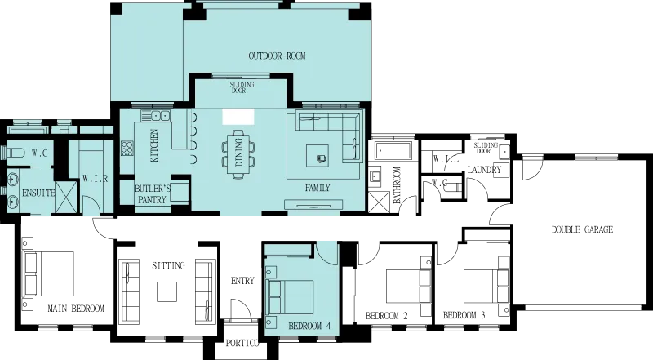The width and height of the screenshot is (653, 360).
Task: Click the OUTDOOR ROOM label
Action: point(277,56)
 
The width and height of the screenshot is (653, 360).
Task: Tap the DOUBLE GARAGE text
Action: point(582,229)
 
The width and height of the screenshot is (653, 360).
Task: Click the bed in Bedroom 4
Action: point(291,297)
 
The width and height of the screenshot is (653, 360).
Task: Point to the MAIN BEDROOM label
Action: point(76,309)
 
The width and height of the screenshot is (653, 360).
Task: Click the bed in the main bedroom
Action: point(49,273)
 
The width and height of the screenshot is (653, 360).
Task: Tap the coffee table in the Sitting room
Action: point(167,291)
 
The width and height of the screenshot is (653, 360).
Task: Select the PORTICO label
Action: point(242,344)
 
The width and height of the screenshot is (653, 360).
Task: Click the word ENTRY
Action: point(242,281)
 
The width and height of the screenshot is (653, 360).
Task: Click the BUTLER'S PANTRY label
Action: point(152,194)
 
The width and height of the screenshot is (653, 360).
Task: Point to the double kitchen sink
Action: point(156,116)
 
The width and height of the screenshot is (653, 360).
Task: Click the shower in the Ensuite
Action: point(66,198)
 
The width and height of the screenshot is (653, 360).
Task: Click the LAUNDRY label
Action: point(484,170)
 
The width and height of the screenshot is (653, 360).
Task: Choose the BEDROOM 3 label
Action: point(464,315)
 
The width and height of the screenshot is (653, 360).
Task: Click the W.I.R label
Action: point(95,179)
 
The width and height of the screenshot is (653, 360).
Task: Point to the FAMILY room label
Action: point(318,189)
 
